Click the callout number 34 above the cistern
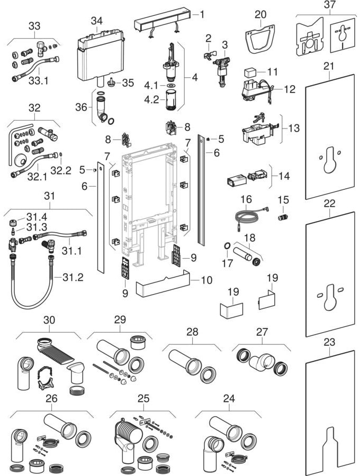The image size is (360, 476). (96, 21)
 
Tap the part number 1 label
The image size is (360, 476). (201, 14)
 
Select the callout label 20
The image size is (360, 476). (260, 14)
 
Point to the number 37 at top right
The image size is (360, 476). (330, 5)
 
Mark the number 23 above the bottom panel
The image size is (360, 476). (330, 342)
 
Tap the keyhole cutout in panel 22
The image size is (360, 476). (329, 297)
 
